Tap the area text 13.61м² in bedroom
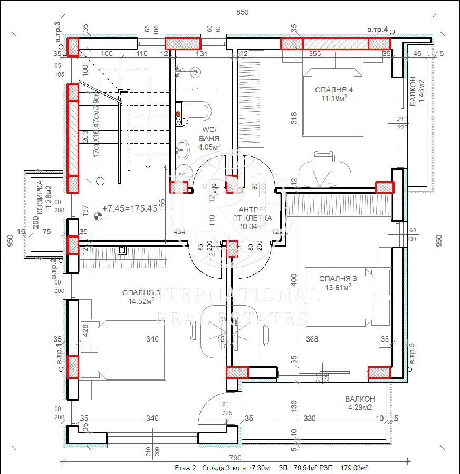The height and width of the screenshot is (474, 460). (338, 288)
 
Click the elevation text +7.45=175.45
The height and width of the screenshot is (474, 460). (129, 208)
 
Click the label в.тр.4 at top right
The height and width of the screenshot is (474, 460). (378, 30)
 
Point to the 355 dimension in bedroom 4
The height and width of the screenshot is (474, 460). (315, 53)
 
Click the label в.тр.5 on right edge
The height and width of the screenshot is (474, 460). (413, 354)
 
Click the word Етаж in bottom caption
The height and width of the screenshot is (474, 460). (183, 468)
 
